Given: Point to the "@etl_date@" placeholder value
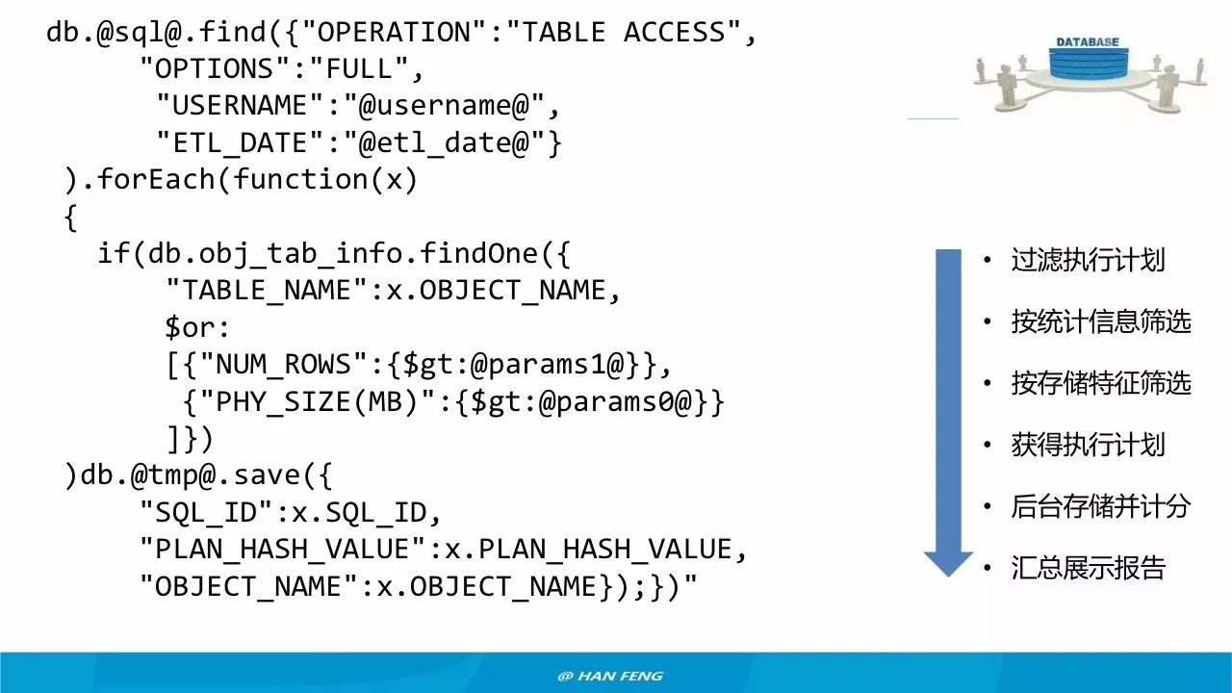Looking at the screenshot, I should (449, 143).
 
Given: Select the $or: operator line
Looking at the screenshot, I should (197, 327).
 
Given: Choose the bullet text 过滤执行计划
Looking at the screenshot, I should (1088, 260).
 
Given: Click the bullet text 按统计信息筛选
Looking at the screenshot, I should (1101, 321).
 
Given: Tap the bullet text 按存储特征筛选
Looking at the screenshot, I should (1101, 383).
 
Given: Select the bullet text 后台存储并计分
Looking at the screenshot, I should (1101, 506).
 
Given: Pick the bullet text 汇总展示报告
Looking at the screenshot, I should (1088, 568).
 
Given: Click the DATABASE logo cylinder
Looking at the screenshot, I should (1087, 63).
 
